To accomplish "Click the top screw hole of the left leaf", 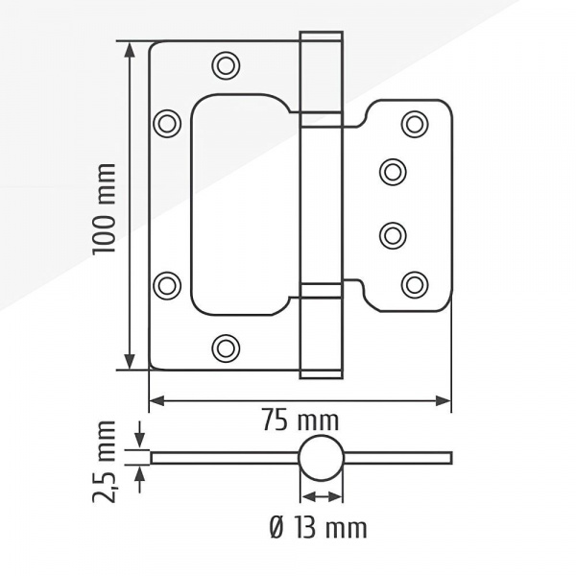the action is point(226,65).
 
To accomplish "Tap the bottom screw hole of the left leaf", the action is point(226,348).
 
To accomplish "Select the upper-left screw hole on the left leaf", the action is point(167,124).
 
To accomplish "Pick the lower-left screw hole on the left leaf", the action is point(167,285).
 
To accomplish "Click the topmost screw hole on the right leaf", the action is point(415,124).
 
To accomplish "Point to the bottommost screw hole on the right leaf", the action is point(415,285).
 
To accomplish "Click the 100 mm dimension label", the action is point(105,209).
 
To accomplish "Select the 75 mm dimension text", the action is point(300,421).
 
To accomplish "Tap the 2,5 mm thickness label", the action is point(105,462).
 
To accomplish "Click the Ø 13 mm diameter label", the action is point(318,529).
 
